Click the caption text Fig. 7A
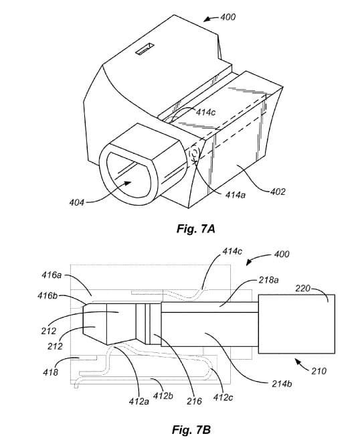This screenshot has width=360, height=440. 195,229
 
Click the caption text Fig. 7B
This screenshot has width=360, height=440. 191,429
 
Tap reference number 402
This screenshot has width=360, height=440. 278,192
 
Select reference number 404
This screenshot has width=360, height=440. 77,202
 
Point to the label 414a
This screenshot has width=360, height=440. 236,195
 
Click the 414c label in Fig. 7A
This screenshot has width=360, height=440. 205,113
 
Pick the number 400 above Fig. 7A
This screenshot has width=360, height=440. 228,17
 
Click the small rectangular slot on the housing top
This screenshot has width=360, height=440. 145,48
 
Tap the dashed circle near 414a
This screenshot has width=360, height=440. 194,154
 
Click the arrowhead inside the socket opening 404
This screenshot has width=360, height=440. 128,183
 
